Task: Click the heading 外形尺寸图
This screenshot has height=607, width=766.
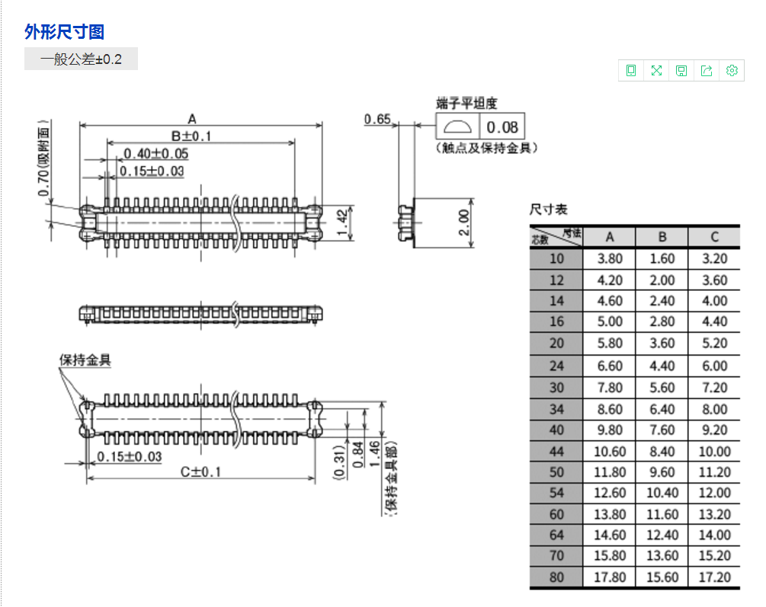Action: [x=64, y=32]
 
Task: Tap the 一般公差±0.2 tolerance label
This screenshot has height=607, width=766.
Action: [x=81, y=59]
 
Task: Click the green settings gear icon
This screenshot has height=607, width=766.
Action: [x=732, y=71]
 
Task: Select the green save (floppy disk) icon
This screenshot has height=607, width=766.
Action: [x=681, y=71]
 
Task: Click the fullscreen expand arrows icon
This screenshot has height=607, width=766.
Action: [x=656, y=71]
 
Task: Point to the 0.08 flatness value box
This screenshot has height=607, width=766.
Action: [x=502, y=126]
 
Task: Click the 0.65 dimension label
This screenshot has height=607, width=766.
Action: [x=377, y=119]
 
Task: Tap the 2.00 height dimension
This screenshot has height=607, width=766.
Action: [x=464, y=223]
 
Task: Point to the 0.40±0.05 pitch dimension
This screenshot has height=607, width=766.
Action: [x=155, y=154]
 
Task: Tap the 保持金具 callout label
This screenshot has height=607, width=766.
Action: [x=85, y=360]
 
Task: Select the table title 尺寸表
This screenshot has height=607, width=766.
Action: [x=549, y=209]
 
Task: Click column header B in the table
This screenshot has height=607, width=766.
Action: [x=662, y=237]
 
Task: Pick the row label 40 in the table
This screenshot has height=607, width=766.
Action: [x=556, y=430]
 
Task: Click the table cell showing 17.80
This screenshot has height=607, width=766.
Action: [x=609, y=577]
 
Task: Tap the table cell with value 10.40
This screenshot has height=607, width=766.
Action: [x=662, y=493]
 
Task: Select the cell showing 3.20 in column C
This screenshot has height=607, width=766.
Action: [x=714, y=259]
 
